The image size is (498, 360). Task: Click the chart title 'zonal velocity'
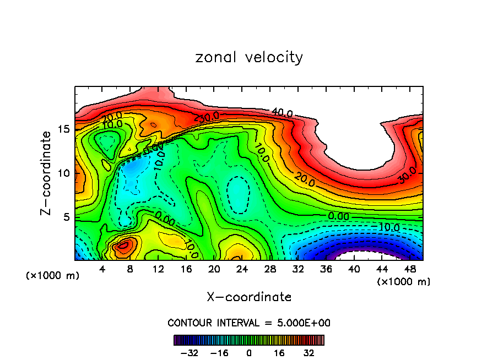click(249, 57)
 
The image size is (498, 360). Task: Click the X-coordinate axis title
click(249, 297)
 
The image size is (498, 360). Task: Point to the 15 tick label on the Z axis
click(63, 129)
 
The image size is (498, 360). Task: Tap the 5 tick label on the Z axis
click(66, 217)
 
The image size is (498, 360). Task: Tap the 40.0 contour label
click(282, 113)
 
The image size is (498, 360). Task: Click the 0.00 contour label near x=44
click(339, 216)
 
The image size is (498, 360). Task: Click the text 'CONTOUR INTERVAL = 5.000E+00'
click(249, 323)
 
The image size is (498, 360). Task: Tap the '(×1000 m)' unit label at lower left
click(53, 276)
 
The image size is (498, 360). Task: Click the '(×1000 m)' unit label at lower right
click(403, 282)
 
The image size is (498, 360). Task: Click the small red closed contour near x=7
click(123, 246)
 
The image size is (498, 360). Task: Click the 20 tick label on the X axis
click(214, 270)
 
